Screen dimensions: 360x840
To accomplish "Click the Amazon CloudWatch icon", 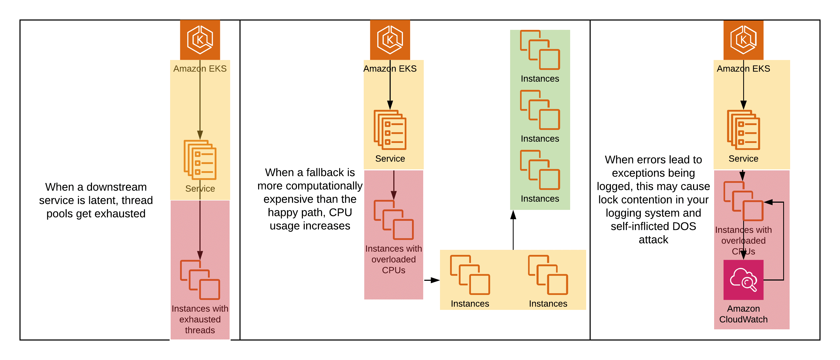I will click(743, 279).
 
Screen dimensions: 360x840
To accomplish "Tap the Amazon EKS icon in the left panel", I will click(200, 40).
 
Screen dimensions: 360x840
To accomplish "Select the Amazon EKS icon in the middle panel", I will click(390, 40).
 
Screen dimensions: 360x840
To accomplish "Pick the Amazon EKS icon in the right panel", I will click(743, 40).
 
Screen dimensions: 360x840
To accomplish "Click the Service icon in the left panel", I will click(200, 160).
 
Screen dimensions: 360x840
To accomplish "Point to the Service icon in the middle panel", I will click(390, 130).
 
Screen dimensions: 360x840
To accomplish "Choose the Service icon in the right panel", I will click(743, 130).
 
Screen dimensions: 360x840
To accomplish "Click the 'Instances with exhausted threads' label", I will click(200, 319).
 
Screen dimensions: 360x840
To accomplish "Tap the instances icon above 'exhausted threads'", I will click(200, 279).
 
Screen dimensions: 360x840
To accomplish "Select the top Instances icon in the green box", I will click(540, 50).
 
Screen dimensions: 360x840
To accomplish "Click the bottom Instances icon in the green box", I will click(540, 170).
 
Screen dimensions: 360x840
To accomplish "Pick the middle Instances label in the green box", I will click(540, 139).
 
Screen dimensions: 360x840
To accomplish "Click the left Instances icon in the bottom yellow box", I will click(470, 275).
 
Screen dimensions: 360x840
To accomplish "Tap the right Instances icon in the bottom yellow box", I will click(548, 275).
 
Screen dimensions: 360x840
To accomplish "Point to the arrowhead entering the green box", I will click(513, 215).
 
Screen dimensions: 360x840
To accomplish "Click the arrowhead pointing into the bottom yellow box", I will click(435, 280).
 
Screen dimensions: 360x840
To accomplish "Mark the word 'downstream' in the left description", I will click(117, 187).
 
